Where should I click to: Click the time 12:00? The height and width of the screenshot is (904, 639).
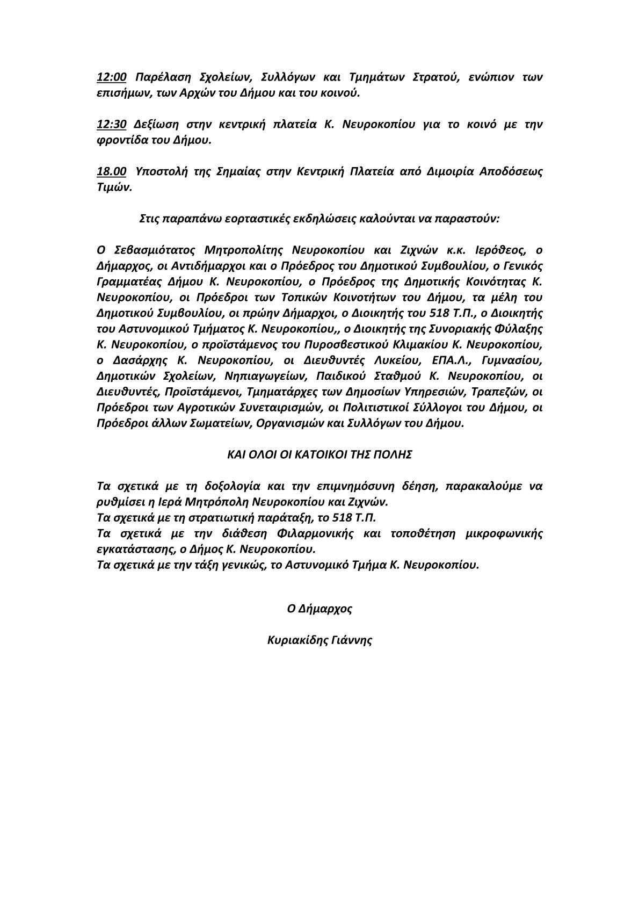[x=112, y=77]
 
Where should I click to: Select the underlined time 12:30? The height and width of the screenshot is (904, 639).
[x=112, y=125]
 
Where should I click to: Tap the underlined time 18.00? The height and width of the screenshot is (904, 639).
[x=112, y=172]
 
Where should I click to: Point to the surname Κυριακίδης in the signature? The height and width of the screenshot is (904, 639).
[x=295, y=640]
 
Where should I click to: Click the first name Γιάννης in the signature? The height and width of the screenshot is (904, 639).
[x=352, y=640]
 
